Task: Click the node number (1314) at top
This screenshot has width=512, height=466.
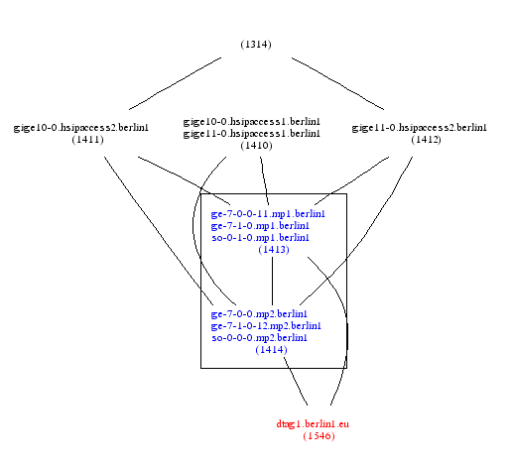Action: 256,45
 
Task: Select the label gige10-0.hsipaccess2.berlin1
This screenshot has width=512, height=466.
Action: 81,128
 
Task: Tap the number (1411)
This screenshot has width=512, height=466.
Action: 87,140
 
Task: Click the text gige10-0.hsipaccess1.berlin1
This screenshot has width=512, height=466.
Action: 252,122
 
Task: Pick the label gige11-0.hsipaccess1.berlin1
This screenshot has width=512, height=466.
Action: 252,134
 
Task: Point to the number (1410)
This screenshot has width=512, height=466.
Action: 256,146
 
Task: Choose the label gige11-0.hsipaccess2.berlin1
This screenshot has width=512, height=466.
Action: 419,128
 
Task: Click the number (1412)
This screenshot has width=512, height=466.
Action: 426,140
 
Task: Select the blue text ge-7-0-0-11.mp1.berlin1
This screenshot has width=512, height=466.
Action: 268,214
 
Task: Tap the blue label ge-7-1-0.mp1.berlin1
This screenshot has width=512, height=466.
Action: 260,226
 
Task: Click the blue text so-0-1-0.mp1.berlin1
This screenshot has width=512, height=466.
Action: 260,238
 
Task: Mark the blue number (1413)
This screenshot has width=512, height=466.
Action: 274,249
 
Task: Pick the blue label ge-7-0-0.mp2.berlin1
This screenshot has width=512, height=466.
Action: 259,313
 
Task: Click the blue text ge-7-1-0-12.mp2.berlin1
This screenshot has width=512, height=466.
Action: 266,326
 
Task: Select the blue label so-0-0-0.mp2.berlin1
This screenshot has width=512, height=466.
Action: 259,338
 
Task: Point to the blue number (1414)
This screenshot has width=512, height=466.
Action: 271,350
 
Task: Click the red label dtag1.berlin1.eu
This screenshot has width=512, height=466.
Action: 313,424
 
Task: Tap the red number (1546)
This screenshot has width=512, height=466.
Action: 319,436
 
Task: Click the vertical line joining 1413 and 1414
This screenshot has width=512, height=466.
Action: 272,281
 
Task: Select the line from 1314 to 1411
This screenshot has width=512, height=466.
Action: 175,83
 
